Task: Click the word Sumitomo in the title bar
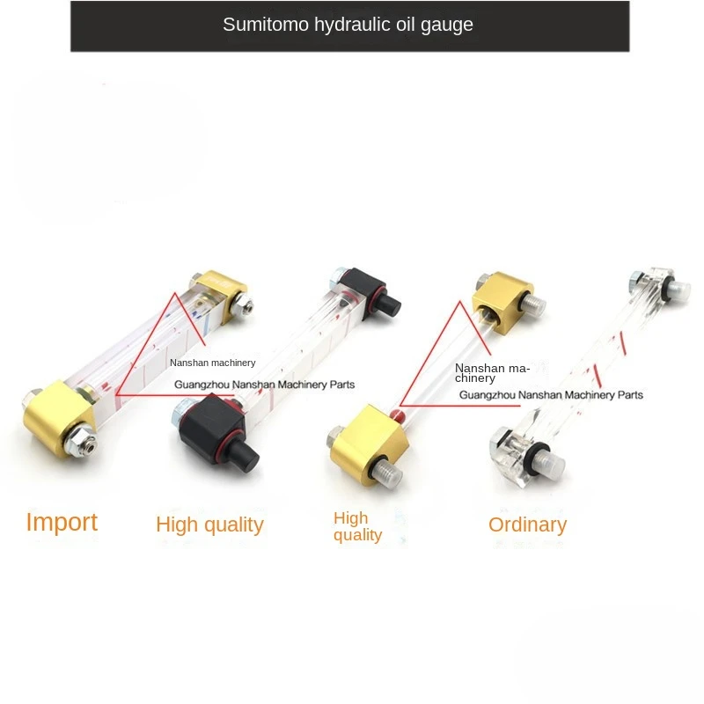[x=262, y=25]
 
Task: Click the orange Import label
[x=62, y=522]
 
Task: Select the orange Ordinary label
[x=527, y=524]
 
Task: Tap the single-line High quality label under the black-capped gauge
[x=209, y=524]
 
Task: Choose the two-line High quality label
[x=358, y=526]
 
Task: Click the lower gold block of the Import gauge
[x=60, y=416]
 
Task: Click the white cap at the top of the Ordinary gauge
[x=678, y=289]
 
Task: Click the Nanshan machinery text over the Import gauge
[x=212, y=362]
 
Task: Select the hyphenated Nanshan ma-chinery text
[x=492, y=372]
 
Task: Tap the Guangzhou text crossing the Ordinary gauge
[x=551, y=395]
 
